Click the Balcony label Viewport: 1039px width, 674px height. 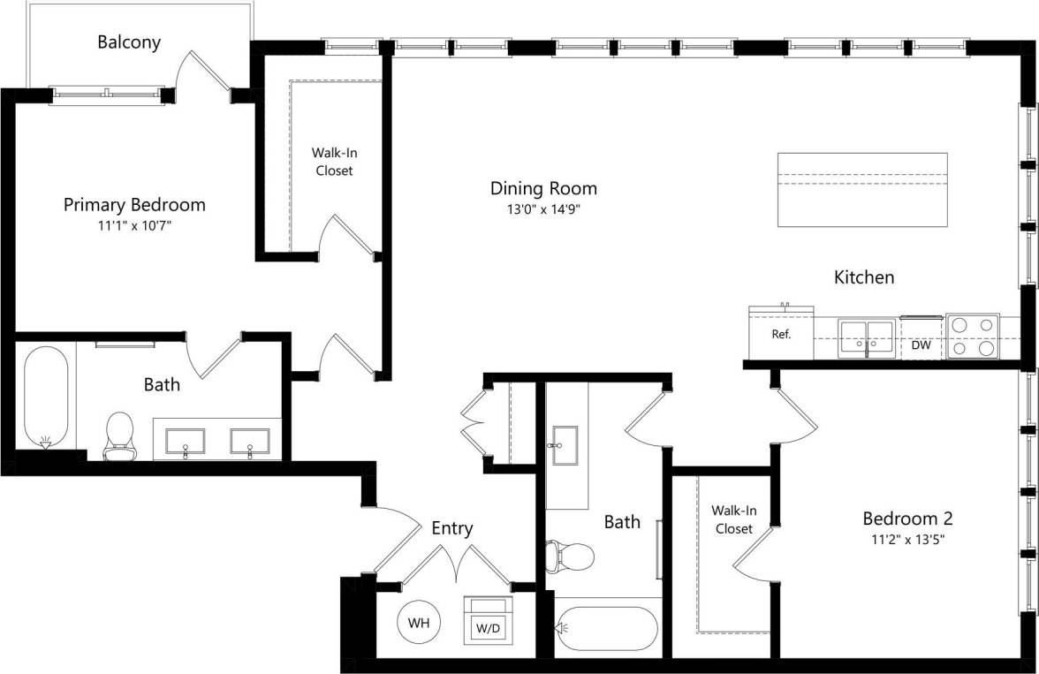[x=129, y=42]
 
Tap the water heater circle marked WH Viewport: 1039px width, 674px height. [x=419, y=623]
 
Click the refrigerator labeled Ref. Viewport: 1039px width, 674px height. [x=781, y=334]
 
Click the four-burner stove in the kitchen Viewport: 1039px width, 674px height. [x=972, y=336]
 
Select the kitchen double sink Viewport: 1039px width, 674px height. [x=867, y=336]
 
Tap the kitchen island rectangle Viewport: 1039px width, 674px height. [x=862, y=189]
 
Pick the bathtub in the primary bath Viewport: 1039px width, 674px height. [x=46, y=395]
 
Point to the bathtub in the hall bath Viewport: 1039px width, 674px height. [x=606, y=628]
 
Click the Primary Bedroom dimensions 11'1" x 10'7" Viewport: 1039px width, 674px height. [x=134, y=225]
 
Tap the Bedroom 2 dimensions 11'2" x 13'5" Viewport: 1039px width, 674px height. [x=907, y=539]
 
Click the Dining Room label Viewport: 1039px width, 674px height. [x=543, y=188]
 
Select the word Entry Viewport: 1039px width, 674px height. [x=451, y=528]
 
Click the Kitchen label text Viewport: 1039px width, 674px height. [x=864, y=277]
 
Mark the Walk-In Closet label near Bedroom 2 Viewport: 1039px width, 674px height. [x=733, y=519]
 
